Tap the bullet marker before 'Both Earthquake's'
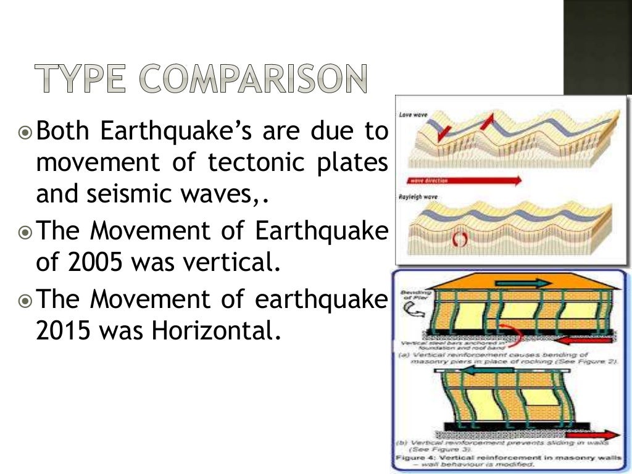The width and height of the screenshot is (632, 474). tap(25, 132)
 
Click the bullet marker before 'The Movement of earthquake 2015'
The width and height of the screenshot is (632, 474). tap(25, 301)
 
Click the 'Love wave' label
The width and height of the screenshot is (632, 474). tap(410, 115)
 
